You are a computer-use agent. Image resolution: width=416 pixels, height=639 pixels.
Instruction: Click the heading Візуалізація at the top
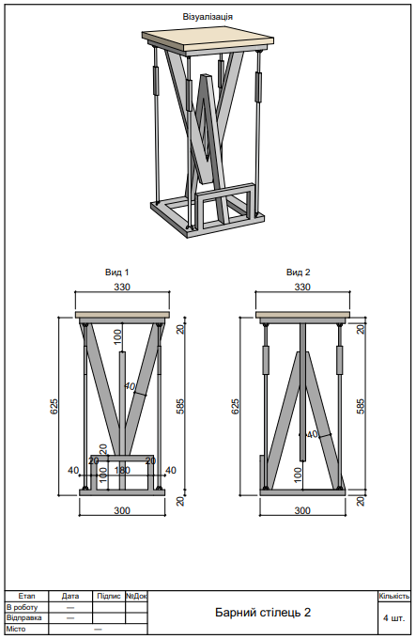(x=208, y=17)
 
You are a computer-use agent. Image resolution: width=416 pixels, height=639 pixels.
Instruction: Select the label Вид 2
(x=298, y=273)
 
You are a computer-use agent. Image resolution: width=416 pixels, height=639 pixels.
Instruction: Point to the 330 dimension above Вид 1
(x=122, y=287)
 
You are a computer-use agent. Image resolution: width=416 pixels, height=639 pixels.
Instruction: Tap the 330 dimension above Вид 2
(x=302, y=287)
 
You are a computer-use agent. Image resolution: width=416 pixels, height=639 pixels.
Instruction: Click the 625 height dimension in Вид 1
(x=54, y=406)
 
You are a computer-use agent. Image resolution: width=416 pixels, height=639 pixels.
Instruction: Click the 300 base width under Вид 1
(x=122, y=510)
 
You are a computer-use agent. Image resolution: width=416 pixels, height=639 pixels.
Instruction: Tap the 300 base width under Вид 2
(x=302, y=510)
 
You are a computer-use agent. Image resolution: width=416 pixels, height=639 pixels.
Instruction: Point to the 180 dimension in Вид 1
(x=121, y=470)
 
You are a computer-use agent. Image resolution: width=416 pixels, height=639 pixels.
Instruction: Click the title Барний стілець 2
(x=262, y=613)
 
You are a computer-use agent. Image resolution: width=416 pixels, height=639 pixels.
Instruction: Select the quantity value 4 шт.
(x=394, y=618)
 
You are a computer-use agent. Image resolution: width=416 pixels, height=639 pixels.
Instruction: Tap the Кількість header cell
(x=394, y=596)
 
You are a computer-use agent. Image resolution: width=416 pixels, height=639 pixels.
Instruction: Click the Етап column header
(x=26, y=596)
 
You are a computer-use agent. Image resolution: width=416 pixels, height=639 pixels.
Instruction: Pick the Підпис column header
(x=109, y=596)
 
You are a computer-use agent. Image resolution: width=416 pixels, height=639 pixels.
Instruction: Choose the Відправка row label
(x=24, y=617)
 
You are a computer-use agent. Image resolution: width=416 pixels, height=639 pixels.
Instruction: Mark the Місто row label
(x=16, y=629)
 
